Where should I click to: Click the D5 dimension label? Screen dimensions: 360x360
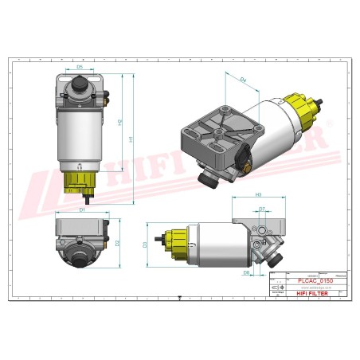(x=80, y=67)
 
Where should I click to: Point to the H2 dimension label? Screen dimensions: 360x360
(x=119, y=124)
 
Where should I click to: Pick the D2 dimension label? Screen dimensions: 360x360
(x=117, y=242)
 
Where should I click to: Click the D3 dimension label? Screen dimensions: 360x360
(x=144, y=245)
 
